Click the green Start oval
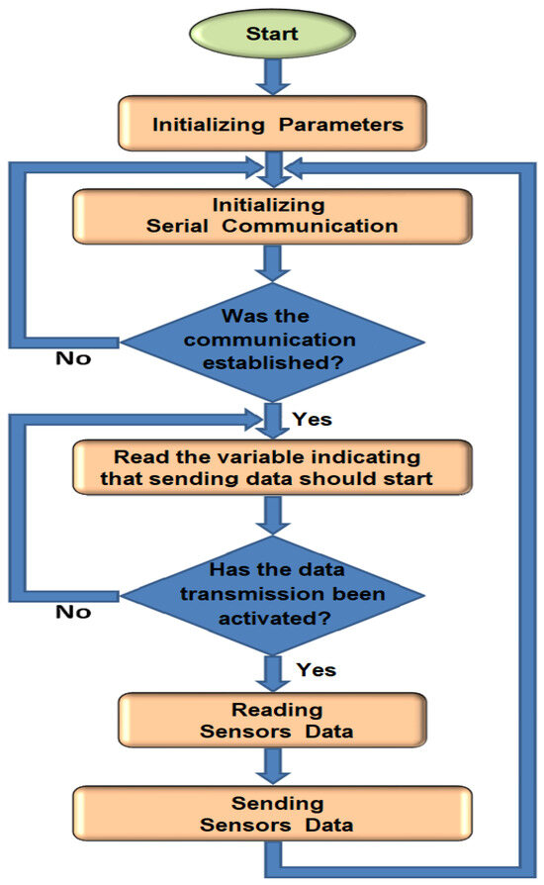[x=271, y=34]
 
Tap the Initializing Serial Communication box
[x=271, y=216]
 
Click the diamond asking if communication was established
[x=271, y=342]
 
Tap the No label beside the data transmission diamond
[x=73, y=612]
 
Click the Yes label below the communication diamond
[x=313, y=419]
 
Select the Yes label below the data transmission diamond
[x=317, y=671]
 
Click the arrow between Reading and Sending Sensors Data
[x=271, y=766]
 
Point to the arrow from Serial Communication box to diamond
[x=271, y=262]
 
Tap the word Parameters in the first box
[x=337, y=126]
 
